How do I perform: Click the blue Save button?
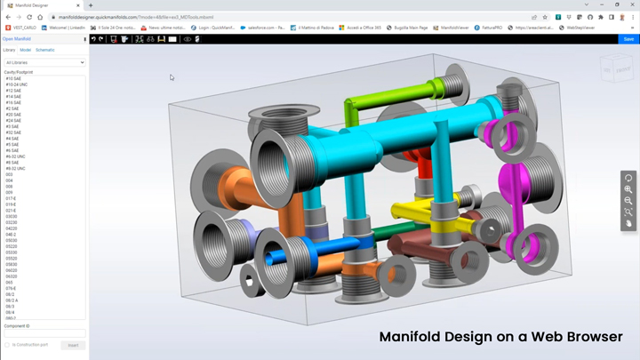628,39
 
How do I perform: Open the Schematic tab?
44,50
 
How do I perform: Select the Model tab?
26,50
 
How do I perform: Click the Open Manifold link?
17,39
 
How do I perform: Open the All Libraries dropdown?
44,62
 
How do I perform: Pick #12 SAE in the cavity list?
13,91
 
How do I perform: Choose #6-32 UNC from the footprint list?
16,156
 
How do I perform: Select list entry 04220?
12,228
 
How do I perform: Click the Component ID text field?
44,334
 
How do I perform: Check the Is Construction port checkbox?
7,345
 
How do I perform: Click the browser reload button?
29,17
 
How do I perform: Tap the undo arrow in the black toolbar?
93,39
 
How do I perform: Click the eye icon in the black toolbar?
187,39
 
